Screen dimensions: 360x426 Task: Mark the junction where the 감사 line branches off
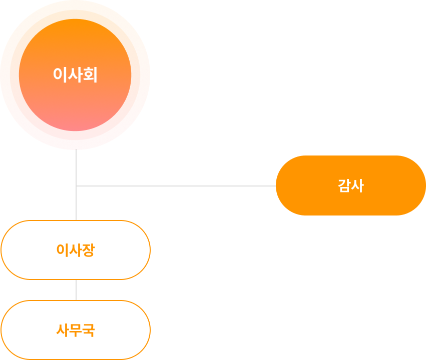76,186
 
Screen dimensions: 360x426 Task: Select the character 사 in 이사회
75,75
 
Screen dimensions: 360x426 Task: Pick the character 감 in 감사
344,185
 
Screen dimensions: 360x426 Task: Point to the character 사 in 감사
357,185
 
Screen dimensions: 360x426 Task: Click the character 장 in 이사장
88,250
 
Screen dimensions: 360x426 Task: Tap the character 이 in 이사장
62,250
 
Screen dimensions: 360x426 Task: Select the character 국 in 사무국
88,330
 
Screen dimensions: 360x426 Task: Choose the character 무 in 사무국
75,330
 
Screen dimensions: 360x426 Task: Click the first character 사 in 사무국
62,330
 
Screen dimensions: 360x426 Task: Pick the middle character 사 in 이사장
75,250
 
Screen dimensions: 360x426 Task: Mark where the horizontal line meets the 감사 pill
276,186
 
